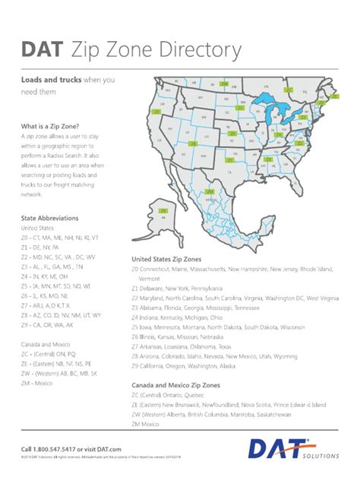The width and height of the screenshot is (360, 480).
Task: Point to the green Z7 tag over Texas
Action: tap(230, 160)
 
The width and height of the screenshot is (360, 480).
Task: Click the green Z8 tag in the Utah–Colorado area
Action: tap(193, 142)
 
